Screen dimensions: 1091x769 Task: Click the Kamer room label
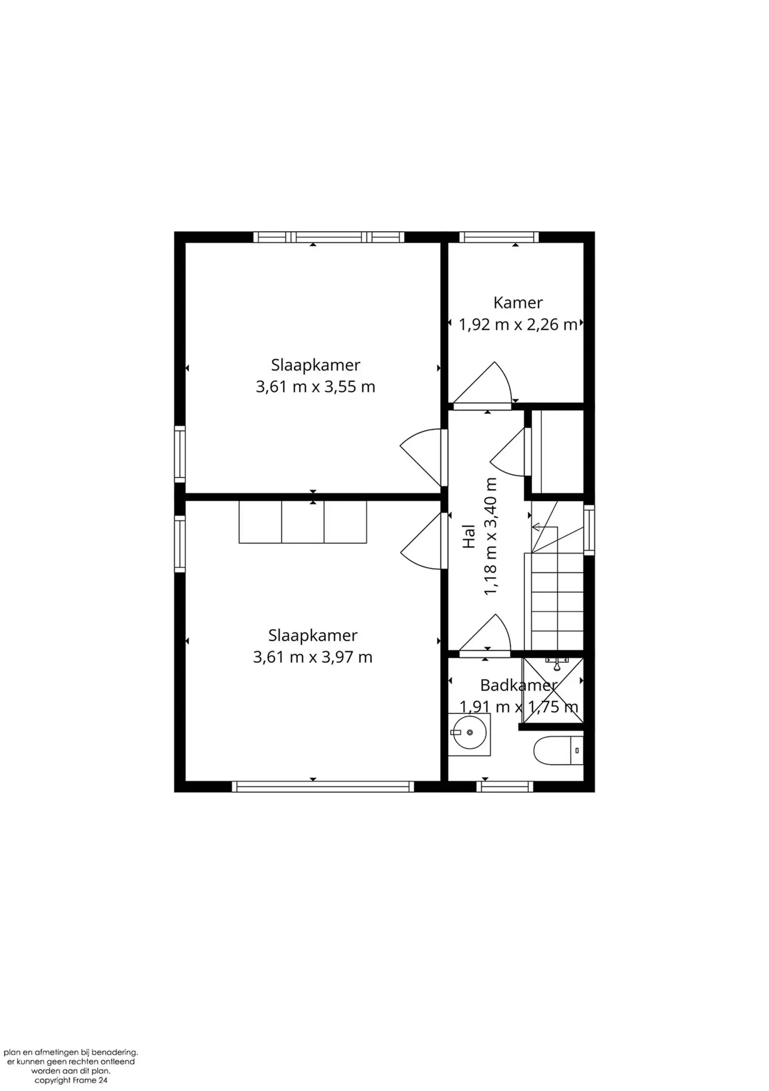tap(518, 302)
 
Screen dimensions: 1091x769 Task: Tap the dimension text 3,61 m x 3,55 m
tap(315, 387)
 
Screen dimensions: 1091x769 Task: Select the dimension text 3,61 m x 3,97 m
tap(312, 657)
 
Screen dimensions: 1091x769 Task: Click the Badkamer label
tap(518, 685)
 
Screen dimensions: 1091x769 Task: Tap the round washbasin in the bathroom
tap(469, 732)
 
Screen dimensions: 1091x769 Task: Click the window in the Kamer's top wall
tap(499, 237)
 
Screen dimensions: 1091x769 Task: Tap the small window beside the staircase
tap(589, 530)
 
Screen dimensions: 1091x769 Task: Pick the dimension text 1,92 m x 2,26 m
tap(518, 325)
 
